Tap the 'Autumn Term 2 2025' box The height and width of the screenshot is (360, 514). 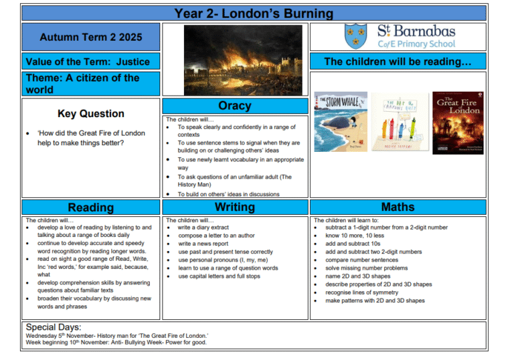pyautogui.click(x=90, y=37)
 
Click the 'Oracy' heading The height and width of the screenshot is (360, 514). pyautogui.click(x=234, y=106)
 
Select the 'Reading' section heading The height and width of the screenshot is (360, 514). pyautogui.click(x=90, y=207)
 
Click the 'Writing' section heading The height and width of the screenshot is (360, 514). pyautogui.click(x=234, y=207)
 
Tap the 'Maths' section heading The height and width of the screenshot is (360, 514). pyautogui.click(x=398, y=207)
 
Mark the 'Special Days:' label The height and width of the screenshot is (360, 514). pyautogui.click(x=53, y=327)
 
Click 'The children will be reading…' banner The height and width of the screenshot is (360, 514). pyautogui.click(x=398, y=62)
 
